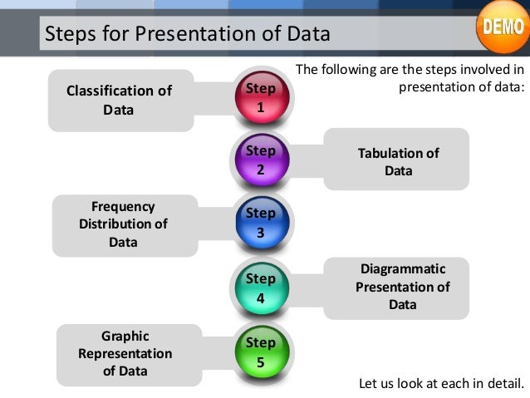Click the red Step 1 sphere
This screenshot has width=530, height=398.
point(261,98)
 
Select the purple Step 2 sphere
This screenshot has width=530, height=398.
point(261,160)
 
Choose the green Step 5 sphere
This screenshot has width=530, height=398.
point(261,352)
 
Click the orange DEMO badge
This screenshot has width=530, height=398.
point(501,26)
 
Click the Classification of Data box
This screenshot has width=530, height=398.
point(120,100)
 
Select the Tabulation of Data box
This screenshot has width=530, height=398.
point(397,161)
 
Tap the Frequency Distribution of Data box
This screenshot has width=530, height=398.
point(124,224)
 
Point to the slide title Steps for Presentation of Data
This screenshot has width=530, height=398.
point(187,35)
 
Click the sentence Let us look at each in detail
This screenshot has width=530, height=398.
point(441,384)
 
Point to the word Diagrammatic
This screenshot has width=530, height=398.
point(403,269)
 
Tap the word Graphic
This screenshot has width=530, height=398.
point(125,336)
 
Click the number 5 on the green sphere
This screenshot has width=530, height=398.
point(261,361)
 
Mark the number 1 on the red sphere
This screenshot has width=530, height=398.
point(261,107)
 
